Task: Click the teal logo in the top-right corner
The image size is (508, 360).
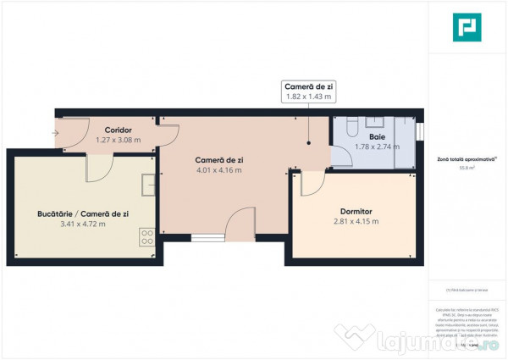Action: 467,27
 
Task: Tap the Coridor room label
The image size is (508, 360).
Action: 119,130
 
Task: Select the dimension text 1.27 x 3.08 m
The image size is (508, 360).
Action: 119,140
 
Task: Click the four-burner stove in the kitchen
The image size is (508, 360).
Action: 146,239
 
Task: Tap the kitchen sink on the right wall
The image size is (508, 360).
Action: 149,184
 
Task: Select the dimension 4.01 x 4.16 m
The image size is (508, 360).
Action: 218,170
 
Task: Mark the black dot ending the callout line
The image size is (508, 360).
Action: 308,144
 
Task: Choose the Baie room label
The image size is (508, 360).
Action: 377,136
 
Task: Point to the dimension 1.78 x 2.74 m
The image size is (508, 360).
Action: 377,147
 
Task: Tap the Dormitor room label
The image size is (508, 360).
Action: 355,211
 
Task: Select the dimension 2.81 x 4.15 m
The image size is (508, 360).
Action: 355,222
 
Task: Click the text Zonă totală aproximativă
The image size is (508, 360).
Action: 466,159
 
